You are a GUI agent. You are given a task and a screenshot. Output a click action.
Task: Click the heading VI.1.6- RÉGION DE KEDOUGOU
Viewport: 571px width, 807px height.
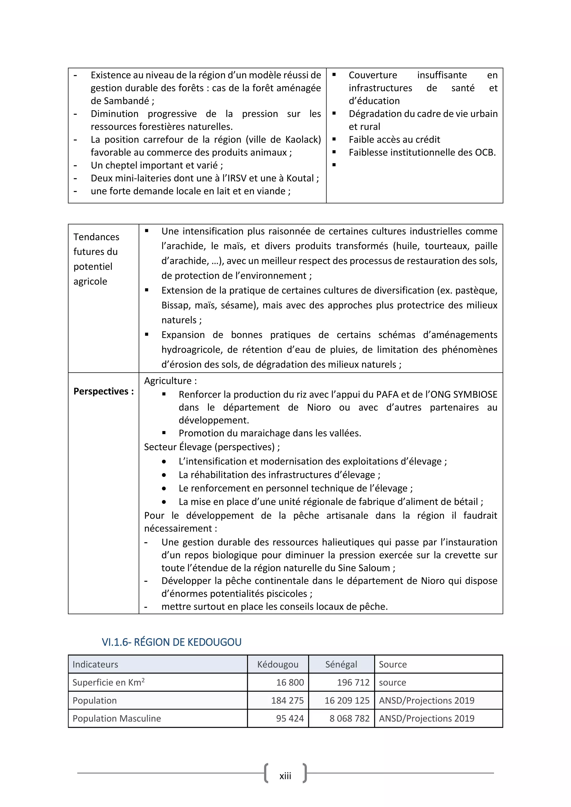[171, 642]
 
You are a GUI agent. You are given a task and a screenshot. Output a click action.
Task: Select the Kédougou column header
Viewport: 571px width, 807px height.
[277, 664]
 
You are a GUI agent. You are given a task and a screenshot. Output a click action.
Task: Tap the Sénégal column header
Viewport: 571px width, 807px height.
[341, 664]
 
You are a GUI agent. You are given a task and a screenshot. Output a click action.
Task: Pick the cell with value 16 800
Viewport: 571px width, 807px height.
[290, 682]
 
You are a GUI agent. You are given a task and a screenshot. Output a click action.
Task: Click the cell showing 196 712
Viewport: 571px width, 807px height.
[353, 682]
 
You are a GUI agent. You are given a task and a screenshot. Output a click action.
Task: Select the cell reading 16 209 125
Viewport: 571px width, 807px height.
[347, 700]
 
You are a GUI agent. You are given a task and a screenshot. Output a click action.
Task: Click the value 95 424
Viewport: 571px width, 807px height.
[290, 718]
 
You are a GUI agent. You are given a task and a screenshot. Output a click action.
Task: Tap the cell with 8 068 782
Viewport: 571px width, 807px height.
[350, 718]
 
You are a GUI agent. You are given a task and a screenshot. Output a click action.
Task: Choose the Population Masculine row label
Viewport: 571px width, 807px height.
[117, 718]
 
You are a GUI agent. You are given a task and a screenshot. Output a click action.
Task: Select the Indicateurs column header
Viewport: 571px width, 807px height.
[95, 664]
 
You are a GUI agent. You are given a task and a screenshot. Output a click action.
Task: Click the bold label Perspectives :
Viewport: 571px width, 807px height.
[103, 391]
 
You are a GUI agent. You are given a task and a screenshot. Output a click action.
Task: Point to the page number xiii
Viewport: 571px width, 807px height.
[285, 776]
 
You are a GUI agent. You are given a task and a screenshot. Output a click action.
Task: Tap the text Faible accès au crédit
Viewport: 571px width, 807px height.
[394, 140]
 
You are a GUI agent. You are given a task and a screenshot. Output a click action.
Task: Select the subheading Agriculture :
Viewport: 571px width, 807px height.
[170, 381]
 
